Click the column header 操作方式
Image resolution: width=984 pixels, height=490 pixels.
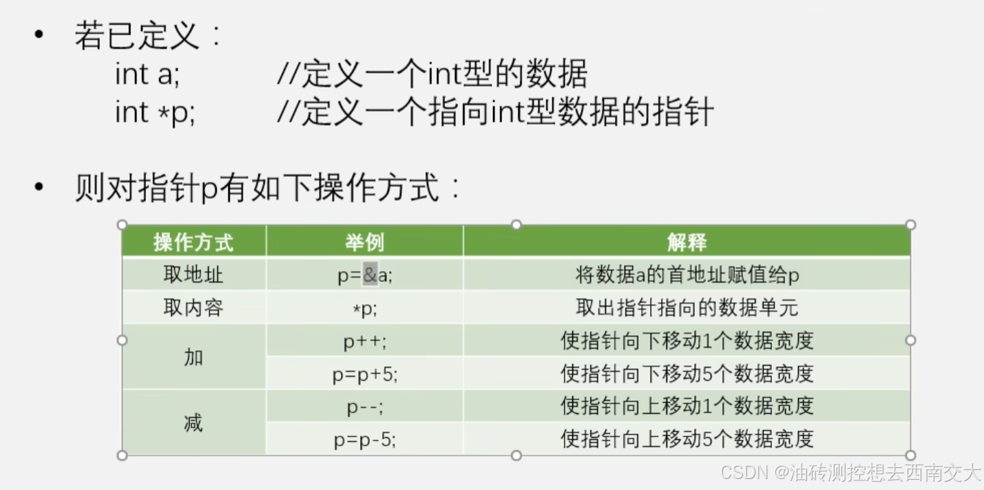tap(193, 242)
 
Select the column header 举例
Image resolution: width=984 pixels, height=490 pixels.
tap(364, 242)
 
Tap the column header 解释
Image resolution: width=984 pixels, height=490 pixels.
tap(687, 242)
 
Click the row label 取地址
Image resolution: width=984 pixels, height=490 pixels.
tap(193, 275)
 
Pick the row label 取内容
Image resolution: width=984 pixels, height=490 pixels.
tap(193, 308)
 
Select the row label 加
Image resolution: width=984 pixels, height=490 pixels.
tap(193, 357)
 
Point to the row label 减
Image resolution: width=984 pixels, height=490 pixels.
tap(193, 423)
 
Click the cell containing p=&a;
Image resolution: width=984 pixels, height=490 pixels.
tap(364, 275)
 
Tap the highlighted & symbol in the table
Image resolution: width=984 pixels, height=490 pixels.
tap(370, 275)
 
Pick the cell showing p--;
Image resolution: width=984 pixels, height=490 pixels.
tap(364, 407)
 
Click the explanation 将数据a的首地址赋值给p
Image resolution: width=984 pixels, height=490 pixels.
tap(687, 275)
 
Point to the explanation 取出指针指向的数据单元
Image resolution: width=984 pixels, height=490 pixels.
tap(687, 308)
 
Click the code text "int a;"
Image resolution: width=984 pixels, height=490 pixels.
tap(147, 74)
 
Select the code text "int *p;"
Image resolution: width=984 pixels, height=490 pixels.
tap(155, 113)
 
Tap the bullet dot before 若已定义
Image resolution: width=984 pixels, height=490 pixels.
tap(39, 34)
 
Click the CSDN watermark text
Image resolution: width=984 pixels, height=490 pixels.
tap(850, 472)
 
